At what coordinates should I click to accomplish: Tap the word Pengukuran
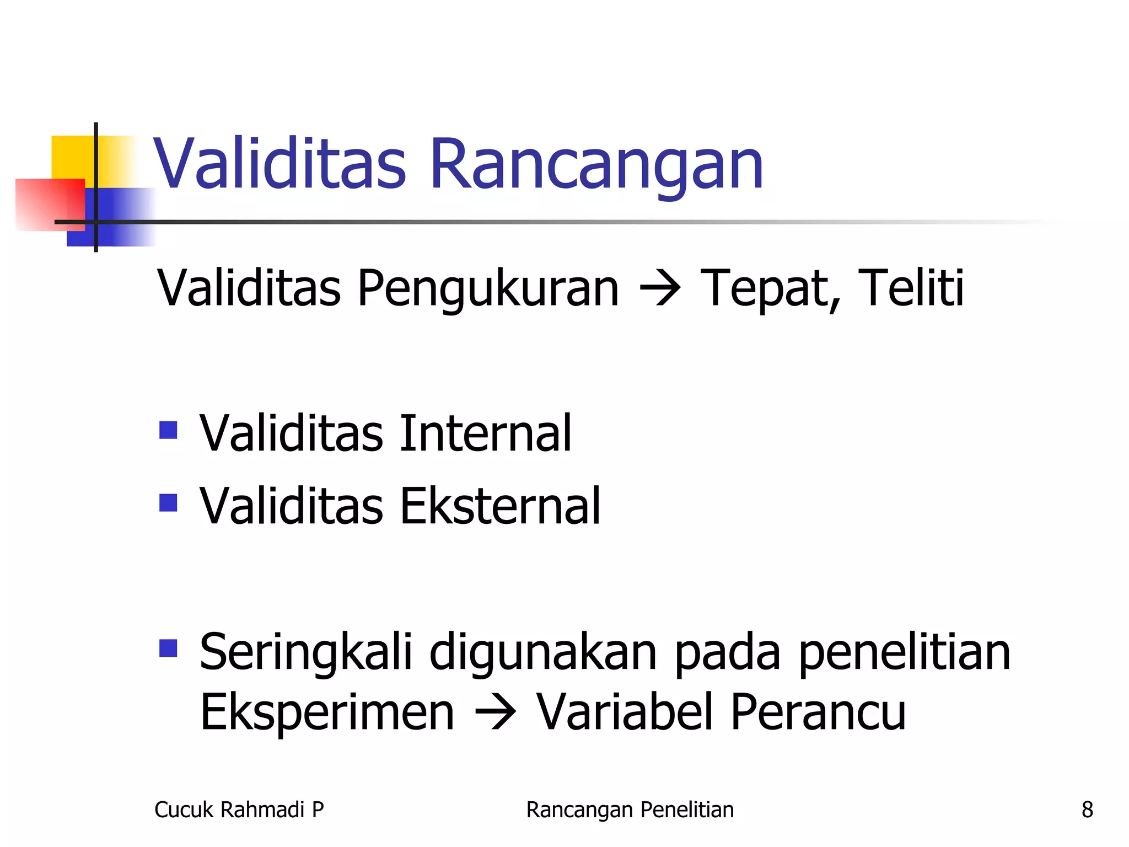pos(488,288)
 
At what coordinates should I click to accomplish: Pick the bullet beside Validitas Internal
pos(168,430)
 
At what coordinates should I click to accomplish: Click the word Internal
pos(486,433)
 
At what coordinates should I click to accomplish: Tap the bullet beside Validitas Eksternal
pos(168,502)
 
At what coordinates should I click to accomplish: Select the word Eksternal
pos(499,506)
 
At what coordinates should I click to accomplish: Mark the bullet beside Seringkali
pos(168,648)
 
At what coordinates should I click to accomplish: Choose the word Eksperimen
pos(327,712)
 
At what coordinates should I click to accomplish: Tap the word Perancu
pos(818,712)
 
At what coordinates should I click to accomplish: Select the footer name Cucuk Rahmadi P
pos(239,810)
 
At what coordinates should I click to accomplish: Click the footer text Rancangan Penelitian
pos(630,810)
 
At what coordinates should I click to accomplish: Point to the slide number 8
pos(1087,810)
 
